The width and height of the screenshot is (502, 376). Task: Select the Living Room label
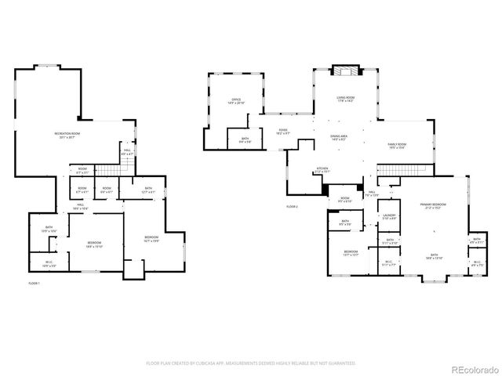346,99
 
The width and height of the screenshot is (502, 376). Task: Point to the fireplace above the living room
344,70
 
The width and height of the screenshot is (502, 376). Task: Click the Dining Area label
339,137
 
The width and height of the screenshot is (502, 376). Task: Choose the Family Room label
397,146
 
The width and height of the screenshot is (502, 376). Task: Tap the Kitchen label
322,169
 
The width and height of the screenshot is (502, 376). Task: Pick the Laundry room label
389,217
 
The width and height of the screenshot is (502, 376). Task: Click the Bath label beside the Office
246,141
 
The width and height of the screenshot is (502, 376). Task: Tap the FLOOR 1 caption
34,283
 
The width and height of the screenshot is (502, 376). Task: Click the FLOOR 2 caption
292,206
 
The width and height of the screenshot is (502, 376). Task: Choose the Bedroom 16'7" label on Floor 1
151,238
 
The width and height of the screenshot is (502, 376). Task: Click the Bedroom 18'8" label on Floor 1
93,244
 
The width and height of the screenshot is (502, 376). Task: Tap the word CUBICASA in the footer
224,363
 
